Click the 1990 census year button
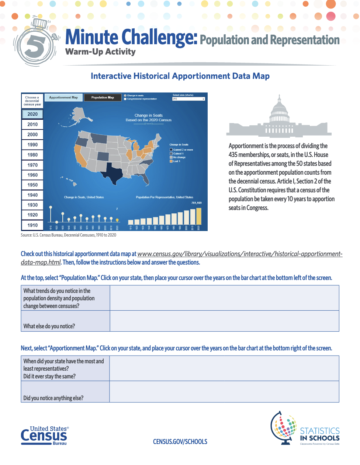coord(32,145)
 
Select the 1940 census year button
coord(32,195)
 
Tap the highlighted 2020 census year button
coord(32,114)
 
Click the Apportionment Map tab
coord(63,98)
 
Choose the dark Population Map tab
coord(103,98)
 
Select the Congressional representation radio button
coord(125,99)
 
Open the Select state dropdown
coord(188,99)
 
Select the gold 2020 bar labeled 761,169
coord(199,216)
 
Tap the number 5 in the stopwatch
coord(35,46)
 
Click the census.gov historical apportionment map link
coord(240,254)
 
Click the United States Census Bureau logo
coord(45,436)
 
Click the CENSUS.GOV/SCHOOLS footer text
coord(180,441)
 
